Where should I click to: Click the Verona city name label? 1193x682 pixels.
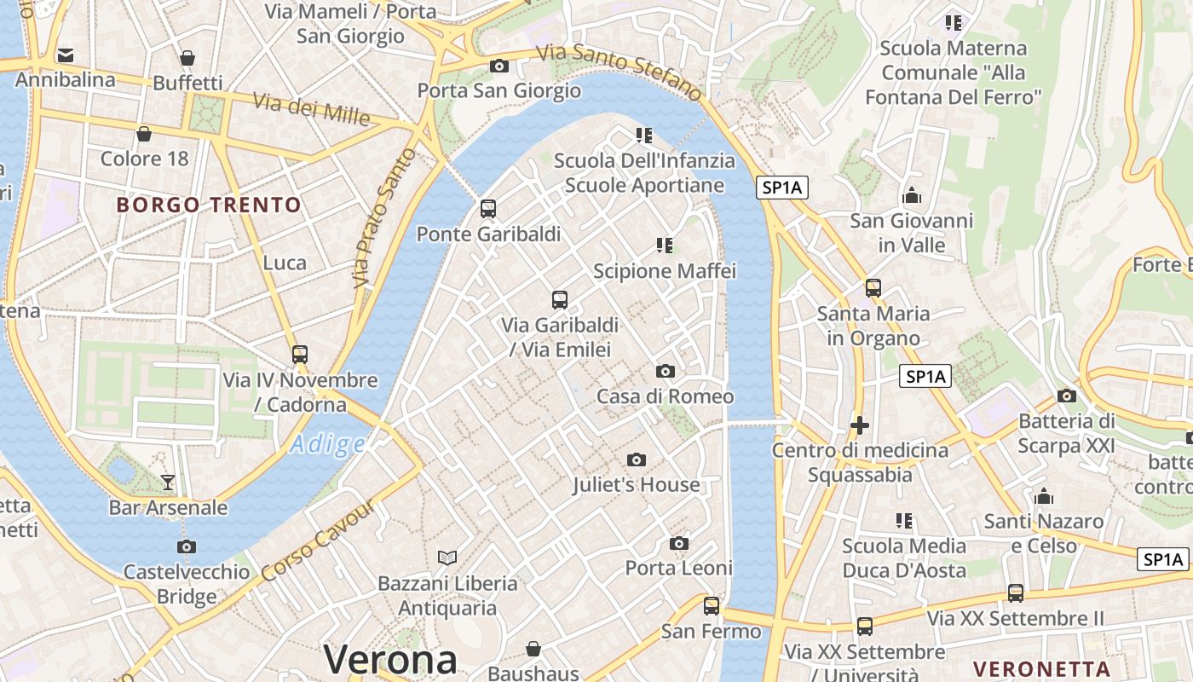[x=390, y=660]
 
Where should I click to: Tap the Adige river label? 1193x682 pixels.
[x=327, y=443]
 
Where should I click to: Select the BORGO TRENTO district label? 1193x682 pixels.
[x=209, y=205]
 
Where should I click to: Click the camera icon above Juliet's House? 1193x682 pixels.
[x=636, y=460]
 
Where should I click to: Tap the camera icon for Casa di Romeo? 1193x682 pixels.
[x=666, y=371]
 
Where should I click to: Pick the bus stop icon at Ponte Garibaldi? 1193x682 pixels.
[x=488, y=209]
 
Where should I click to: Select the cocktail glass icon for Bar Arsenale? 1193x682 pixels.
[x=168, y=483]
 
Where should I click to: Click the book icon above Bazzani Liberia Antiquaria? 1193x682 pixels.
[x=447, y=558]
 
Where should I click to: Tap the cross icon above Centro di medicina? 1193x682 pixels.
[x=860, y=425]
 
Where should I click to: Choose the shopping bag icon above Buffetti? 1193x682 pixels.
[x=187, y=58]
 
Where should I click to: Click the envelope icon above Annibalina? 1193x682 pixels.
[x=66, y=56]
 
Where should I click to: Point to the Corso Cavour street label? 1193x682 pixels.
[x=318, y=540]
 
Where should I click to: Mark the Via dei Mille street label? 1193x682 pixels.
[x=311, y=108]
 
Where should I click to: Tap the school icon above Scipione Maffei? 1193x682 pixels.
[x=665, y=246]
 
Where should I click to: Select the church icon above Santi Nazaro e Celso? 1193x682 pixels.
[x=1044, y=496]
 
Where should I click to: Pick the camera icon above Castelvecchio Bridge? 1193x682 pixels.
[x=186, y=546]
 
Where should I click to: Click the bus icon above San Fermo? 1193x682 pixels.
[x=712, y=606]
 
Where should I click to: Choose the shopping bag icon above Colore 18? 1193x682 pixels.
[x=144, y=134]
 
